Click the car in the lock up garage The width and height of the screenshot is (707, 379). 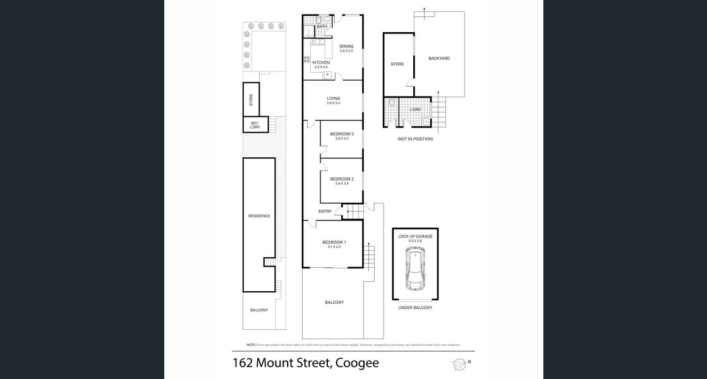tap(415, 269)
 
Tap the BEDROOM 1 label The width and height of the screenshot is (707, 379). tap(334, 243)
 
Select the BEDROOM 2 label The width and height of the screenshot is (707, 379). tap(342, 179)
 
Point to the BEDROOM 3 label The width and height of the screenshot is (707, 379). tap(342, 134)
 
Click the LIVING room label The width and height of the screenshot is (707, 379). tap(334, 99)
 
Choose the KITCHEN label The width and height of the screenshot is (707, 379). tap(321, 63)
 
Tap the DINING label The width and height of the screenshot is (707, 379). tap(346, 46)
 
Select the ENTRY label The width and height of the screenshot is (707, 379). tap(325, 211)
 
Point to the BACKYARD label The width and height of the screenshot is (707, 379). tap(438, 58)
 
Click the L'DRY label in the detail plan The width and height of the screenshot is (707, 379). tap(415, 110)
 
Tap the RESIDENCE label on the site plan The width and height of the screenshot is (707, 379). tap(259, 216)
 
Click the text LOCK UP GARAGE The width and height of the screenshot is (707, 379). tap(415, 236)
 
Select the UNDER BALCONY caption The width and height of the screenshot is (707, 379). tap(415, 308)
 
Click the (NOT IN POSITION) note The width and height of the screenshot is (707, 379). tap(415, 139)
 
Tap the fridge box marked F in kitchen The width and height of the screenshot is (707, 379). tap(327, 75)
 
